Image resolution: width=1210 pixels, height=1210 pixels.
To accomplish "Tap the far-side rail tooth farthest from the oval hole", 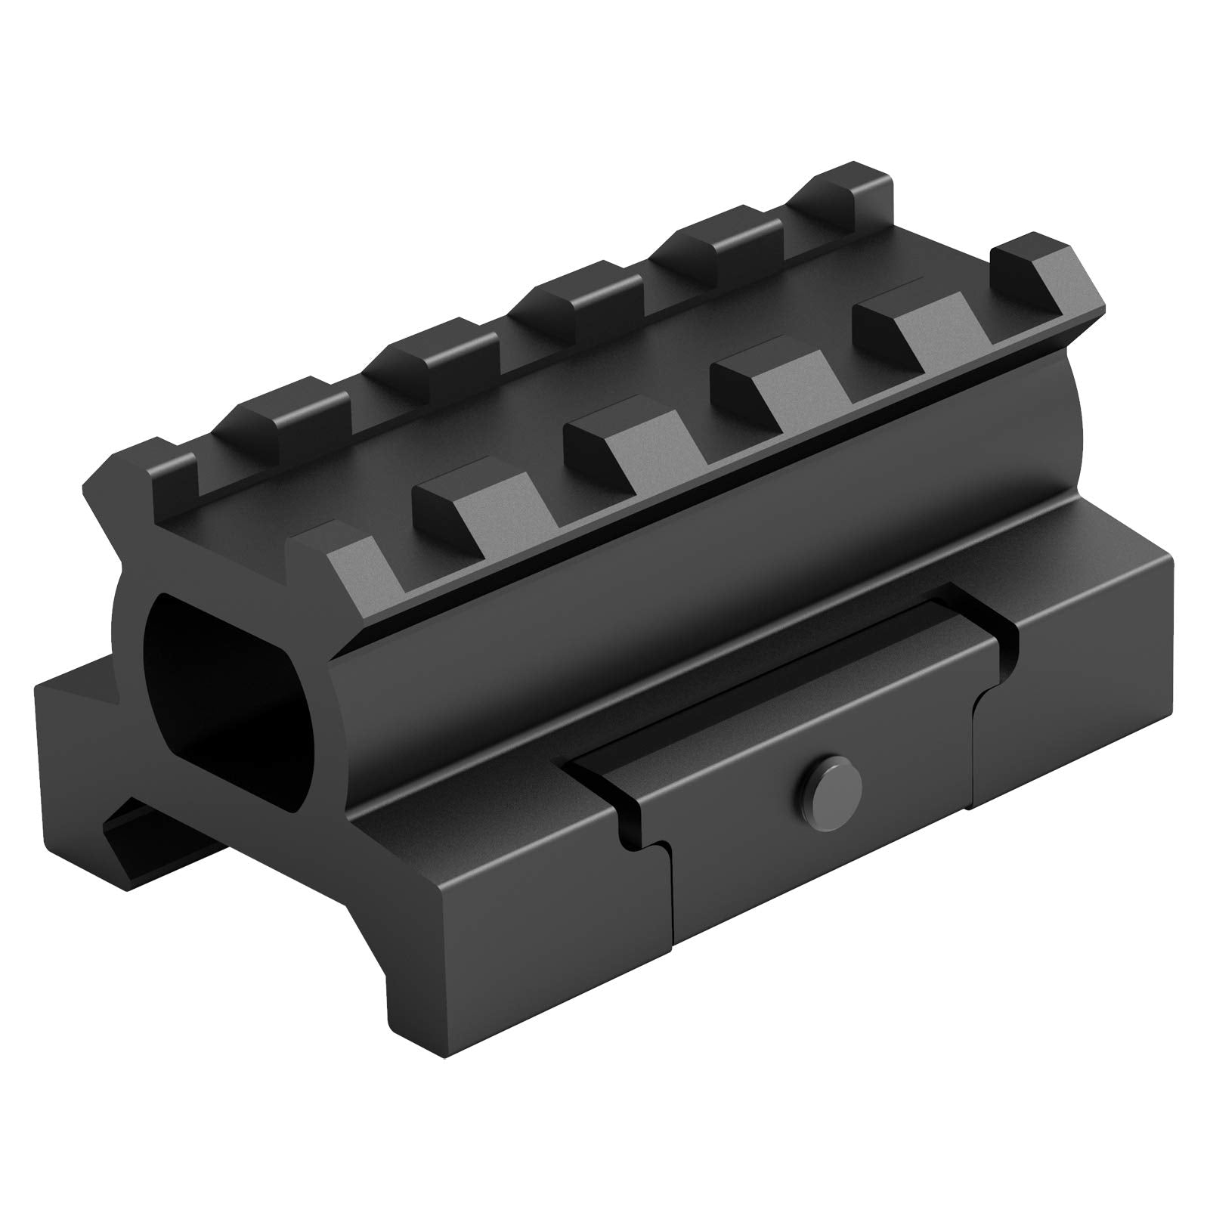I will pyautogui.click(x=854, y=181).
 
